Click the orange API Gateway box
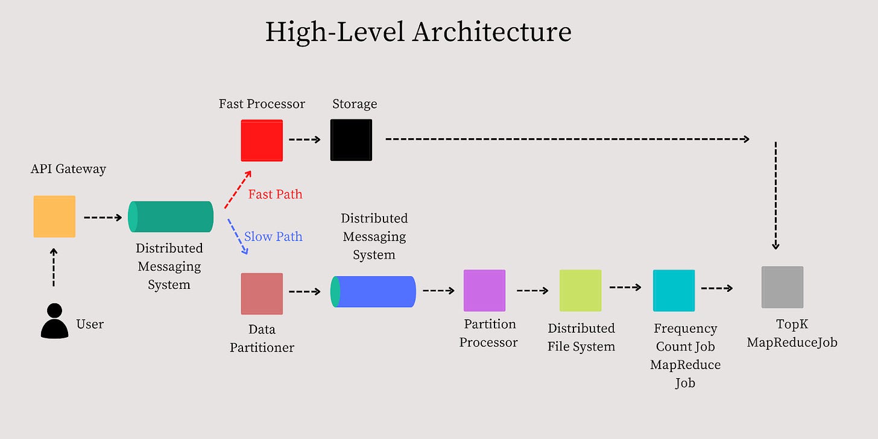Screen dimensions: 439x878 click(x=54, y=216)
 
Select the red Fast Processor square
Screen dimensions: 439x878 click(x=262, y=140)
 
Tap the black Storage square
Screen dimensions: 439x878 click(x=351, y=140)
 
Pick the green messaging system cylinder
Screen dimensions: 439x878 click(x=171, y=216)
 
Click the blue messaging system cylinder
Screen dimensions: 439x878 click(x=374, y=291)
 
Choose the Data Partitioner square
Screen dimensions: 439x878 click(x=262, y=294)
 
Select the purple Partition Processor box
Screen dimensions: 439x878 click(x=484, y=290)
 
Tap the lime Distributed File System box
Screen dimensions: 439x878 click(x=580, y=290)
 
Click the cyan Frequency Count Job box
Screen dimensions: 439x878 click(x=674, y=290)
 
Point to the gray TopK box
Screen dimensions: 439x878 click(x=782, y=287)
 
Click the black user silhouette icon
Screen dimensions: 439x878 click(x=54, y=321)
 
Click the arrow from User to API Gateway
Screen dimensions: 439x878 click(x=54, y=267)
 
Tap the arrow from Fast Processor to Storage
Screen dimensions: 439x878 click(x=305, y=139)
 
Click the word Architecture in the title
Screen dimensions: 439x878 click(x=491, y=31)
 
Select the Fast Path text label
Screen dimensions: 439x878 click(x=275, y=194)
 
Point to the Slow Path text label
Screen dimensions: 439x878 click(x=273, y=236)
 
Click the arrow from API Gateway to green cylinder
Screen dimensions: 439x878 click(x=103, y=217)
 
